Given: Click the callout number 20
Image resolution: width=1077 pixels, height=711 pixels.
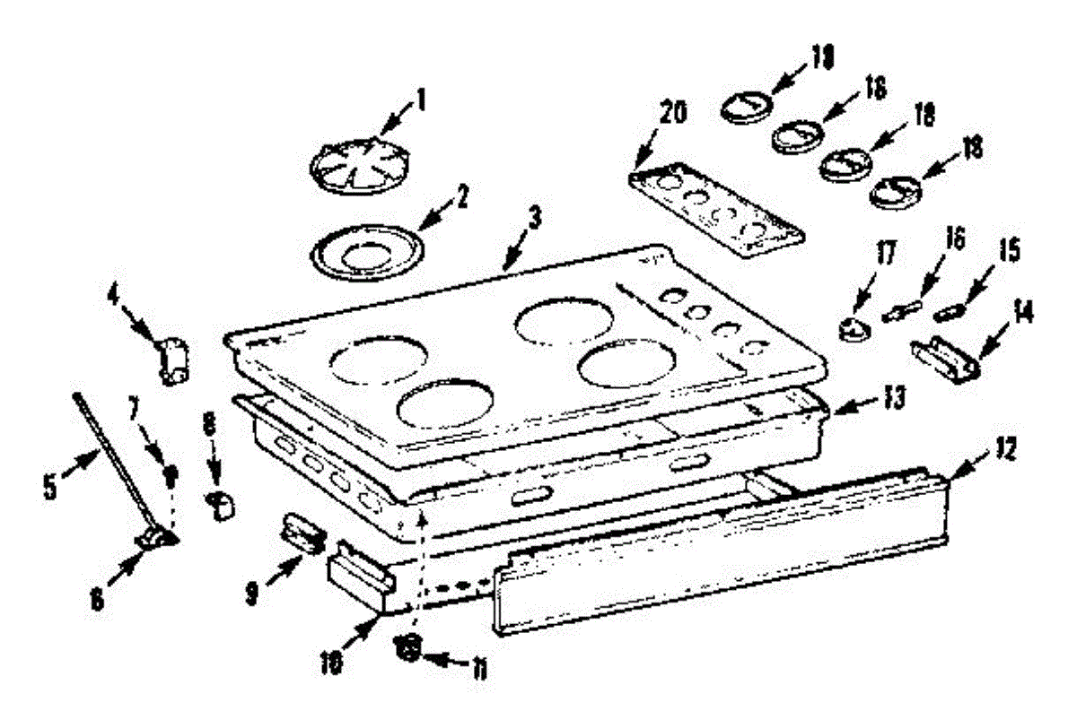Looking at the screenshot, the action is pyautogui.click(x=675, y=114).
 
